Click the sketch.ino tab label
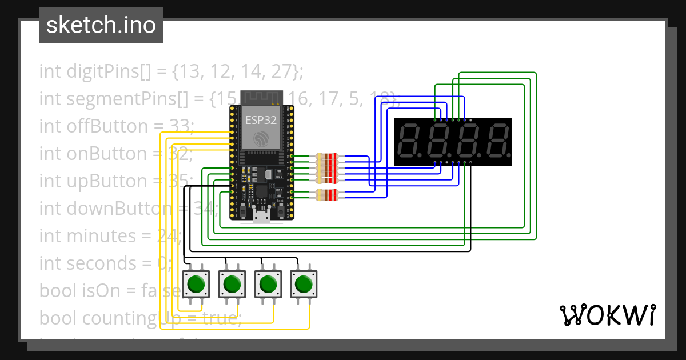pyautogui.click(x=101, y=25)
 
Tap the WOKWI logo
pyautogui.click(x=607, y=315)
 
